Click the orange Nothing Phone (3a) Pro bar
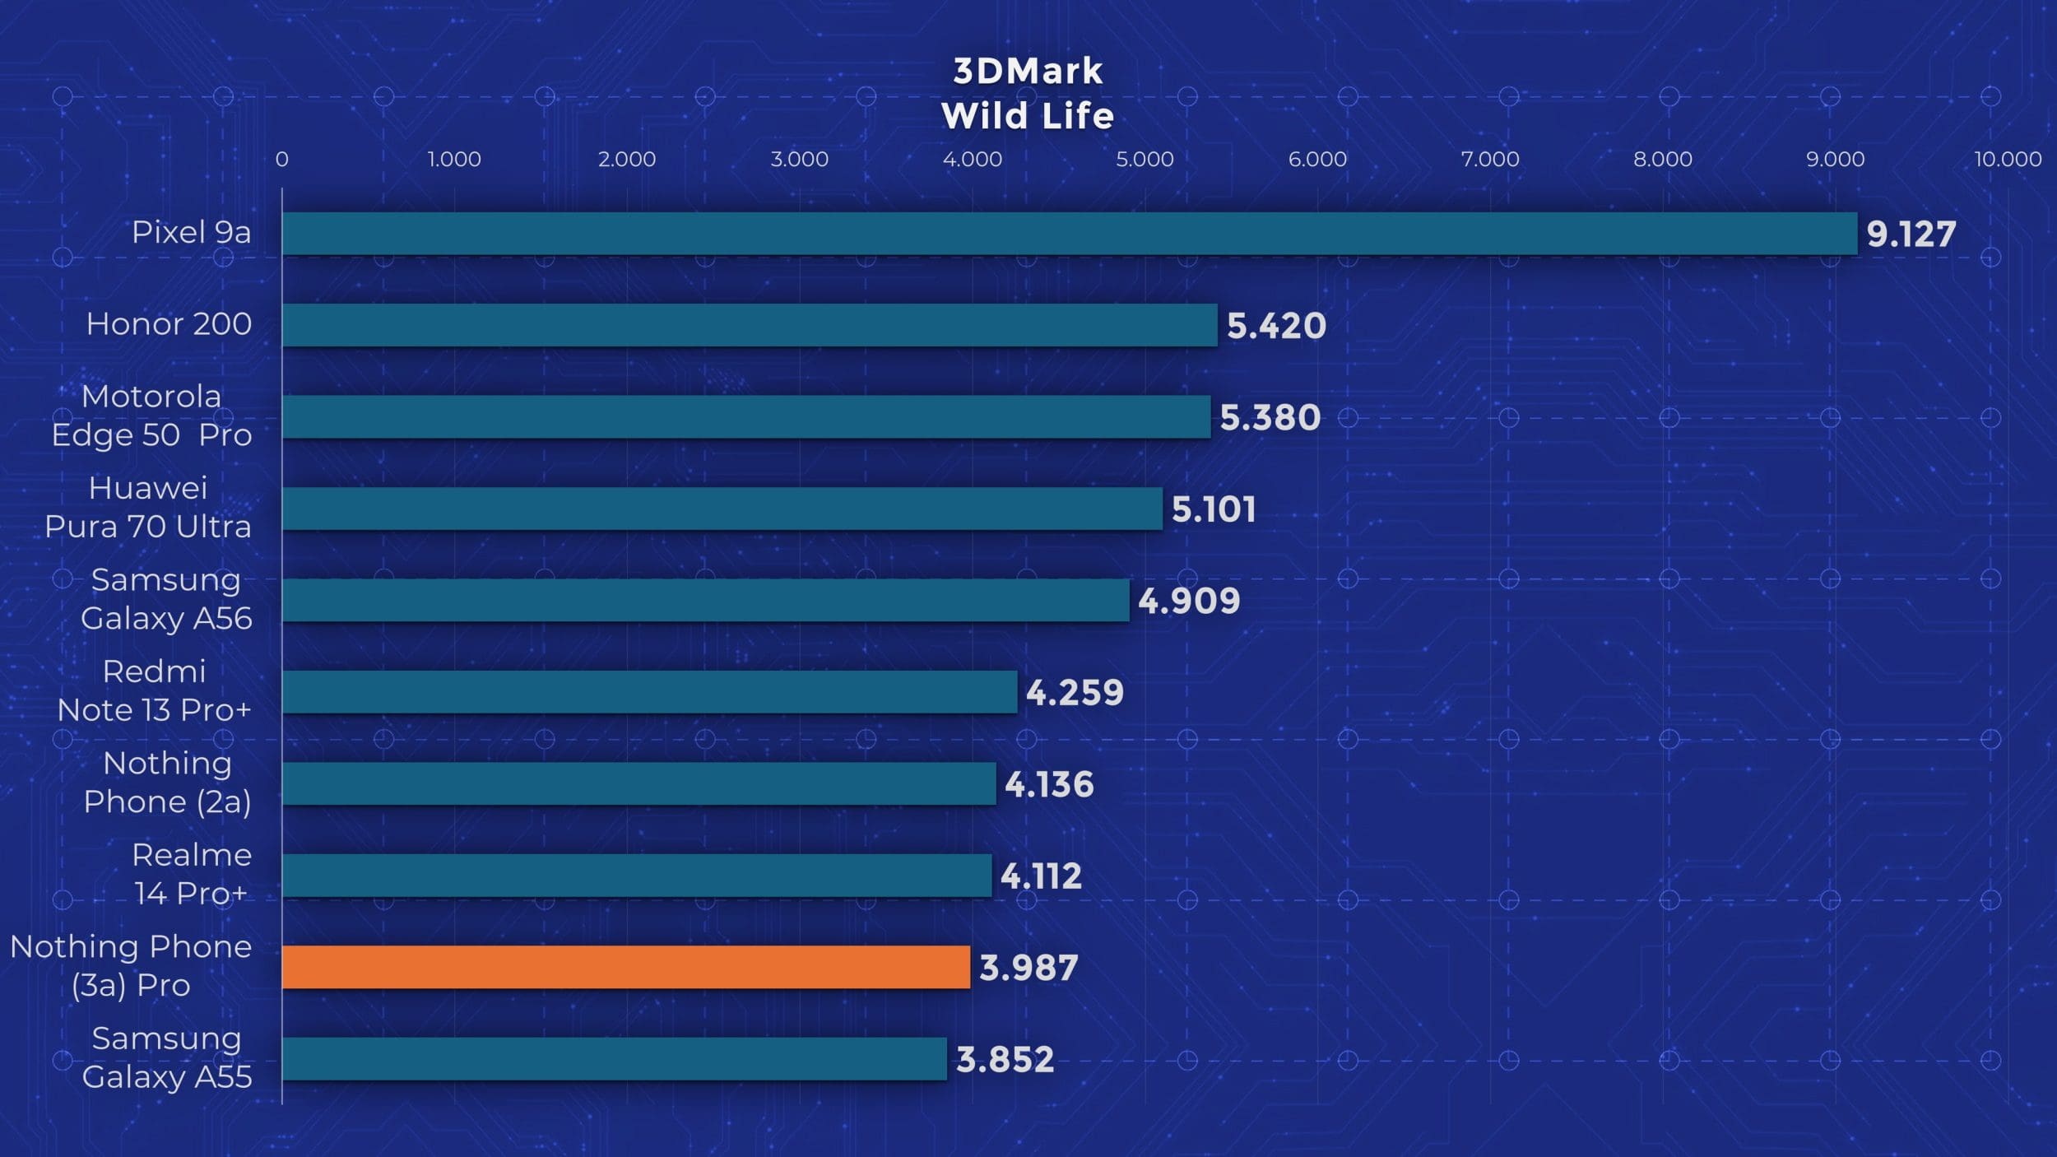(625, 967)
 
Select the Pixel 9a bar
(1070, 234)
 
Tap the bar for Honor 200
(749, 325)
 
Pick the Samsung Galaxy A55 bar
(614, 1058)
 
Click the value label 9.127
(1911, 235)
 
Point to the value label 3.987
(1028, 968)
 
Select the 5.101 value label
(1214, 509)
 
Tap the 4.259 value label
(1075, 693)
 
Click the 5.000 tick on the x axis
(1145, 159)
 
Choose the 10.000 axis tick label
(2008, 159)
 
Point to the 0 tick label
(282, 159)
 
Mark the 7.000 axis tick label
(1490, 159)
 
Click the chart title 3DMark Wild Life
(1028, 93)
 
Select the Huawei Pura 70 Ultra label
(148, 507)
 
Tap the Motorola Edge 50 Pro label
(151, 416)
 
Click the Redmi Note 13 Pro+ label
(154, 690)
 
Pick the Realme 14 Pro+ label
(192, 874)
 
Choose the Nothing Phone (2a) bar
(638, 783)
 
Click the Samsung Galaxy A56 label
(166, 599)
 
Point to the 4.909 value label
(1189, 602)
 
